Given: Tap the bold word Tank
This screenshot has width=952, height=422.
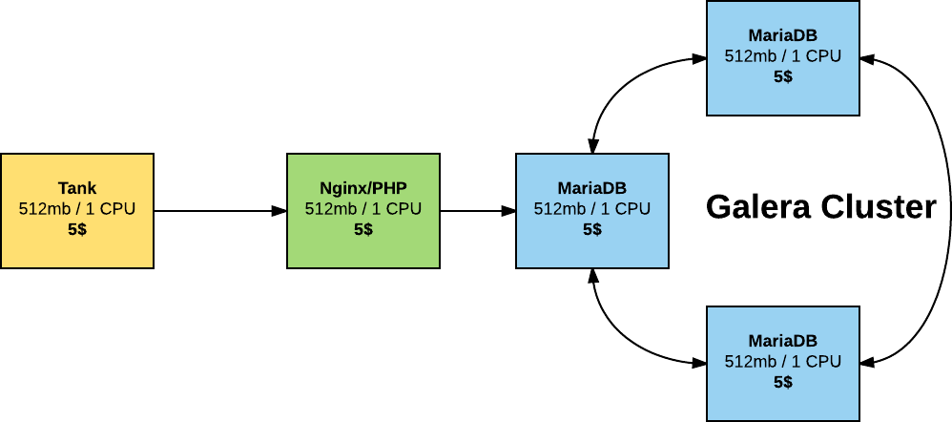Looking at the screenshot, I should [77, 188].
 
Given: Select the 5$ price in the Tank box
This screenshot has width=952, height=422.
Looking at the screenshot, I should [77, 229].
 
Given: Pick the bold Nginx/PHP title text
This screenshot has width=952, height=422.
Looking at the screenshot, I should [363, 188].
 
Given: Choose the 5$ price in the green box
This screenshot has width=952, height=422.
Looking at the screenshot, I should [363, 229].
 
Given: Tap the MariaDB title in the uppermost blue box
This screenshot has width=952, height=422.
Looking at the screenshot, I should [783, 35].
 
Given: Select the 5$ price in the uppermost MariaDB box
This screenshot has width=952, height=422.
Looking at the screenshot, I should [783, 76].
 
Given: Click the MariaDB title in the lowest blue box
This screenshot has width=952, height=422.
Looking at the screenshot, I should [783, 341].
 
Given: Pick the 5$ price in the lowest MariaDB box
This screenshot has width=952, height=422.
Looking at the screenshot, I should [783, 382].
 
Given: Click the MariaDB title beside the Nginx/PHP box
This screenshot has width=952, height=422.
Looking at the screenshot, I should [592, 188].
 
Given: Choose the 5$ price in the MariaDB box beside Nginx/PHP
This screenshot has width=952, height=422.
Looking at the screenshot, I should [592, 229].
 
